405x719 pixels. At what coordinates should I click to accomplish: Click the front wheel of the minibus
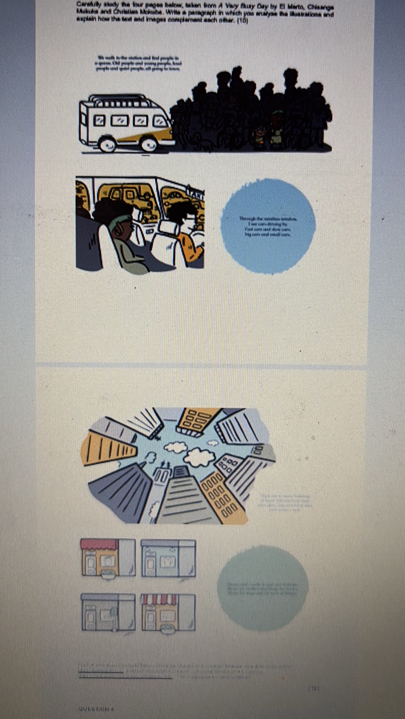tap(149, 143)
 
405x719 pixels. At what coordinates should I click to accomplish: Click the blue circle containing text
tap(268, 226)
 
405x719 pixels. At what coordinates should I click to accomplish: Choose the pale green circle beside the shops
tap(263, 587)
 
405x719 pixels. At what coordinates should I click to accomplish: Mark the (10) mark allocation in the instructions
tap(242, 20)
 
